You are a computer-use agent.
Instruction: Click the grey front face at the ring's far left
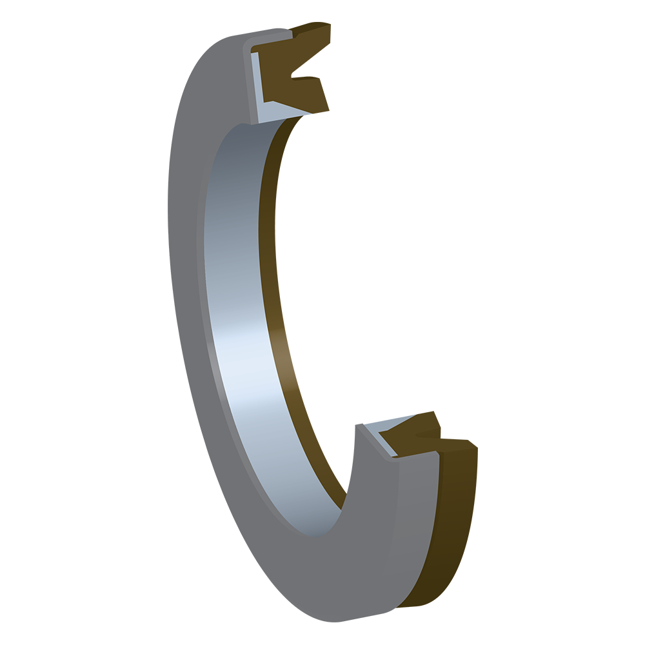coord(184,258)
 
